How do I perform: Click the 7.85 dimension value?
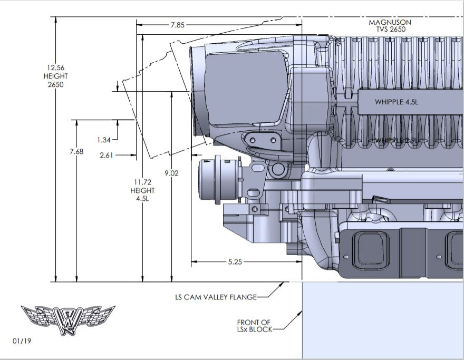point(177,25)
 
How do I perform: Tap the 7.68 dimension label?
point(76,152)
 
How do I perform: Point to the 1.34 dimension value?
point(104,140)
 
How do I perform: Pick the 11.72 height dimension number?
point(142,182)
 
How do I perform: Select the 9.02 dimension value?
point(171,173)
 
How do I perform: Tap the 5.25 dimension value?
point(235,262)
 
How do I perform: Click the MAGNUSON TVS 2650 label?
point(390,26)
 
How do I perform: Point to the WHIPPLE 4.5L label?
point(397,102)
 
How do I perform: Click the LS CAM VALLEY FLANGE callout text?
point(216,297)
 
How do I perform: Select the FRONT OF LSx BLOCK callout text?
point(254,326)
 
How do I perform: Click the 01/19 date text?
point(22,341)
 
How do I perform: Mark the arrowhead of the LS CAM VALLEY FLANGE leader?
point(283,285)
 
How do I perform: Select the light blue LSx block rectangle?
point(382,319)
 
